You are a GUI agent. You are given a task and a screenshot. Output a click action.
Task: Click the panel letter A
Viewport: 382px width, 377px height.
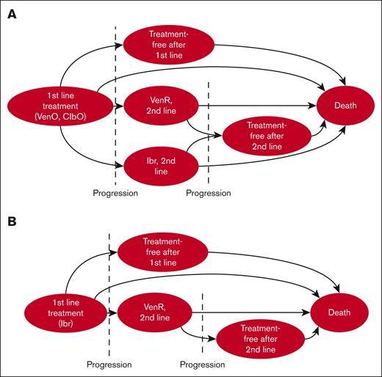(x=12, y=15)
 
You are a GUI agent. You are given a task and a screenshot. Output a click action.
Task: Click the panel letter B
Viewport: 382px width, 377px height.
(x=12, y=219)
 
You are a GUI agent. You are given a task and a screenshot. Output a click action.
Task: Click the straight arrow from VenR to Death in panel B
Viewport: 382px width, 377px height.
(x=250, y=312)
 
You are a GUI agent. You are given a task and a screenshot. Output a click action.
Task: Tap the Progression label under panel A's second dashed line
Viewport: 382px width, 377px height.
(x=209, y=194)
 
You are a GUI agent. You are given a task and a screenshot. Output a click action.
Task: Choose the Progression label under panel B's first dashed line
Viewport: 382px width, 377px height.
(x=109, y=364)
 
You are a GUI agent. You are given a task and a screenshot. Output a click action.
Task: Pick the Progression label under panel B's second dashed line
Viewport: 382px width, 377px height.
(x=202, y=364)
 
